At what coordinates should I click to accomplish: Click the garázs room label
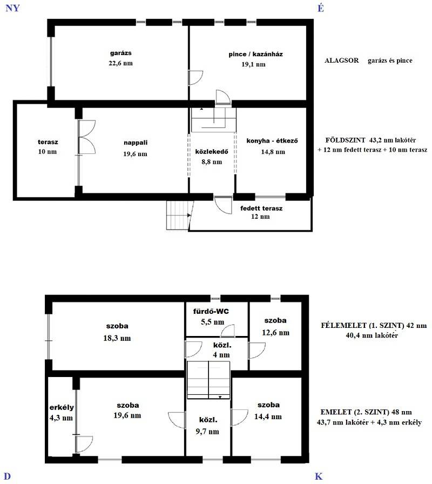pyautogui.click(x=120, y=53)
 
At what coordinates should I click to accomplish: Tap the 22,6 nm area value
pyautogui.click(x=120, y=63)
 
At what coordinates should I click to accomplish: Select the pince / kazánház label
pyautogui.click(x=255, y=55)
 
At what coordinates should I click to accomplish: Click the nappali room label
pyautogui.click(x=136, y=143)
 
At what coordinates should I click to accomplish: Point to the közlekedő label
pyautogui.click(x=212, y=152)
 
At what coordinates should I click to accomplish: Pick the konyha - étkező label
pyautogui.click(x=272, y=141)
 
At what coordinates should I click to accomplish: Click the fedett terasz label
pyautogui.click(x=261, y=209)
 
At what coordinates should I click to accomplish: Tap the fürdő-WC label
pyautogui.click(x=211, y=311)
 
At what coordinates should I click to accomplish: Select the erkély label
pyautogui.click(x=62, y=407)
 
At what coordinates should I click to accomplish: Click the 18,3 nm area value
pyautogui.click(x=117, y=338)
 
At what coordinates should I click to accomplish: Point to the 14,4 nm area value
pyautogui.click(x=268, y=416)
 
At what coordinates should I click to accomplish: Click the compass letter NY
pyautogui.click(x=12, y=8)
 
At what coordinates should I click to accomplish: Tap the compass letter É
pyautogui.click(x=321, y=8)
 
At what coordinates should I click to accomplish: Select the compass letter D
pyautogui.click(x=7, y=476)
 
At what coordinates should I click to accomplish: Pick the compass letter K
pyautogui.click(x=319, y=476)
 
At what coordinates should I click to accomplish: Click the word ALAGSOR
pyautogui.click(x=342, y=60)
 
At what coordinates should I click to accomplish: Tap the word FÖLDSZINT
pyautogui.click(x=345, y=140)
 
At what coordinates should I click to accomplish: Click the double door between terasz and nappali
pyautogui.click(x=87, y=137)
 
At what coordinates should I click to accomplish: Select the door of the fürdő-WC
pyautogui.click(x=228, y=331)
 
